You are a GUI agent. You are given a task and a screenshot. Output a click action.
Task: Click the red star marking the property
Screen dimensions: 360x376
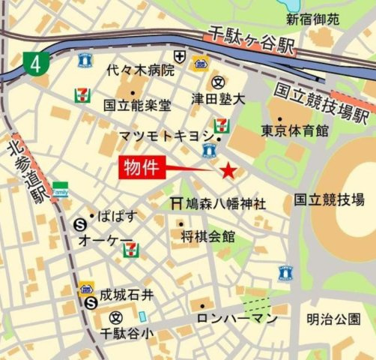[x=228, y=172]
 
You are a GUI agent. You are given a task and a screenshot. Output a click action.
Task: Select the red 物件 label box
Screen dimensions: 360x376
[x=142, y=168]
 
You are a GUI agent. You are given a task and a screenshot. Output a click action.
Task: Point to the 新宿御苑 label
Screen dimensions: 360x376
[x=312, y=17]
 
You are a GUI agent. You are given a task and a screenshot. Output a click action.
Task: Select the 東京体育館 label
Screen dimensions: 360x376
[x=294, y=130]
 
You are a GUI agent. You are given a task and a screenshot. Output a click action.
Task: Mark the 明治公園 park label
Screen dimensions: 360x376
[x=333, y=319]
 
